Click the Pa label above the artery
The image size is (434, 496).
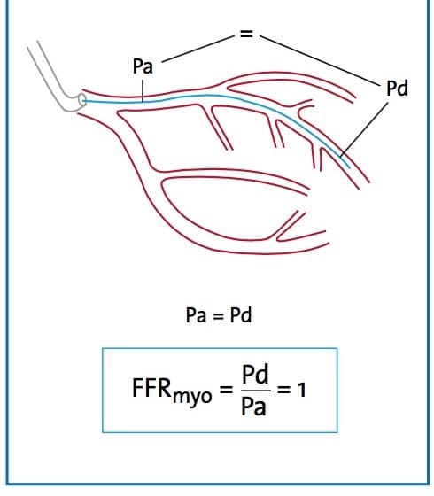[x=143, y=66]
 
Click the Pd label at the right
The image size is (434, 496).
[x=398, y=89]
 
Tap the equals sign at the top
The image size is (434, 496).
[x=247, y=34]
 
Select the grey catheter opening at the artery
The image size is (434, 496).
[x=82, y=100]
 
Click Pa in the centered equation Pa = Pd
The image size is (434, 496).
[x=196, y=315]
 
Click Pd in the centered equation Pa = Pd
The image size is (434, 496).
[x=241, y=315]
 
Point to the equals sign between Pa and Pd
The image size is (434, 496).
[x=218, y=316]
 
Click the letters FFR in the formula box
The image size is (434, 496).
[x=151, y=388]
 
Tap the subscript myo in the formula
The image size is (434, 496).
[x=192, y=397]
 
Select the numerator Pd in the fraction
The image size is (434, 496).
[x=255, y=374]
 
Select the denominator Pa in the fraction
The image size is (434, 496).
[x=253, y=407]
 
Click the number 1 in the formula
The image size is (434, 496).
[x=302, y=390]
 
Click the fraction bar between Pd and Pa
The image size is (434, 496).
[x=256, y=391]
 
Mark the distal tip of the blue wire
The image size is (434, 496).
[x=349, y=167]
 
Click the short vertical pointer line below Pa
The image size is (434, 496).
[x=143, y=91]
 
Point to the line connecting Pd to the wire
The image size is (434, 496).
[x=364, y=129]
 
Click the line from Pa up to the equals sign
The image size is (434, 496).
[x=198, y=49]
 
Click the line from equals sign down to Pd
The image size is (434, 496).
[x=320, y=61]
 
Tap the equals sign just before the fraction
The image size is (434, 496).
[x=226, y=390]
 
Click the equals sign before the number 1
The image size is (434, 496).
[x=283, y=390]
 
